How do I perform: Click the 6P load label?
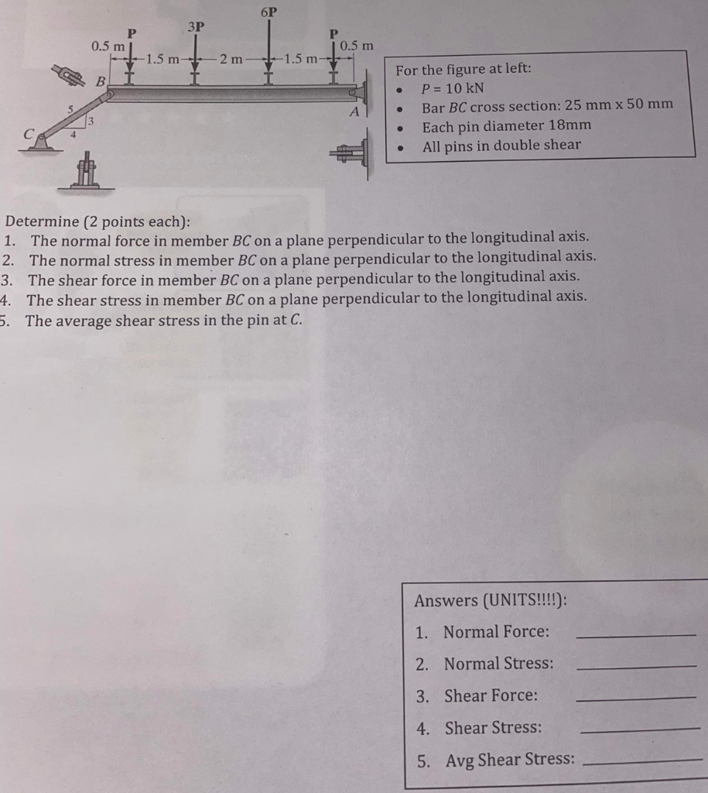268,12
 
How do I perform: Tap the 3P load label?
196,26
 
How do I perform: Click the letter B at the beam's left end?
100,81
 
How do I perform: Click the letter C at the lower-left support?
30,132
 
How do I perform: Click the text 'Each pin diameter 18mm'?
506,125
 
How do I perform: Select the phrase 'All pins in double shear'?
501,145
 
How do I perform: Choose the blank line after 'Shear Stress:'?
639,729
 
